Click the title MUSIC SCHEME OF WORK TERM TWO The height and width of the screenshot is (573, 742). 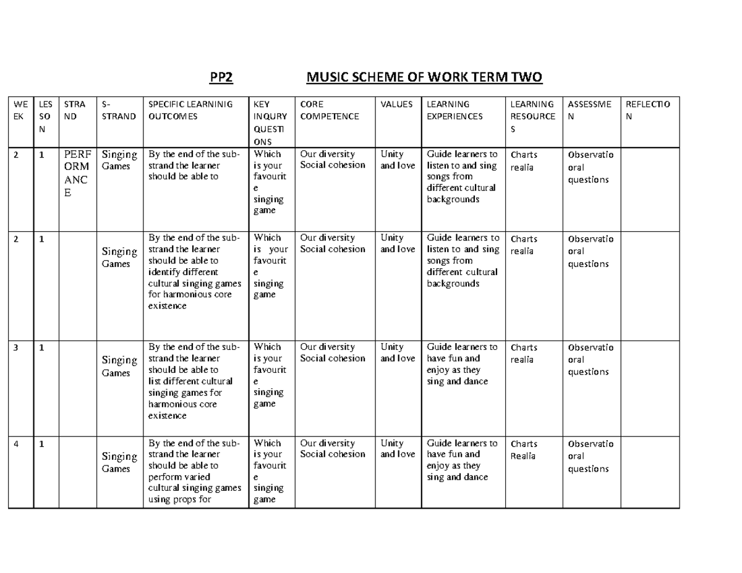[424, 78]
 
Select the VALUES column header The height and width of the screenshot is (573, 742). [396, 104]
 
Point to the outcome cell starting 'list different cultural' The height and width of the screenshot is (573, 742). [195, 381]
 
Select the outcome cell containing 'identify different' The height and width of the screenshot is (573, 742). [195, 271]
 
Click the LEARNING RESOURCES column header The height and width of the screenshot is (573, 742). [533, 116]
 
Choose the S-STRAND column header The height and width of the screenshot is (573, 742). [119, 110]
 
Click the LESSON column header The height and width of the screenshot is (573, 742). [45, 116]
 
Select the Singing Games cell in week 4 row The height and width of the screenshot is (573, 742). [119, 462]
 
